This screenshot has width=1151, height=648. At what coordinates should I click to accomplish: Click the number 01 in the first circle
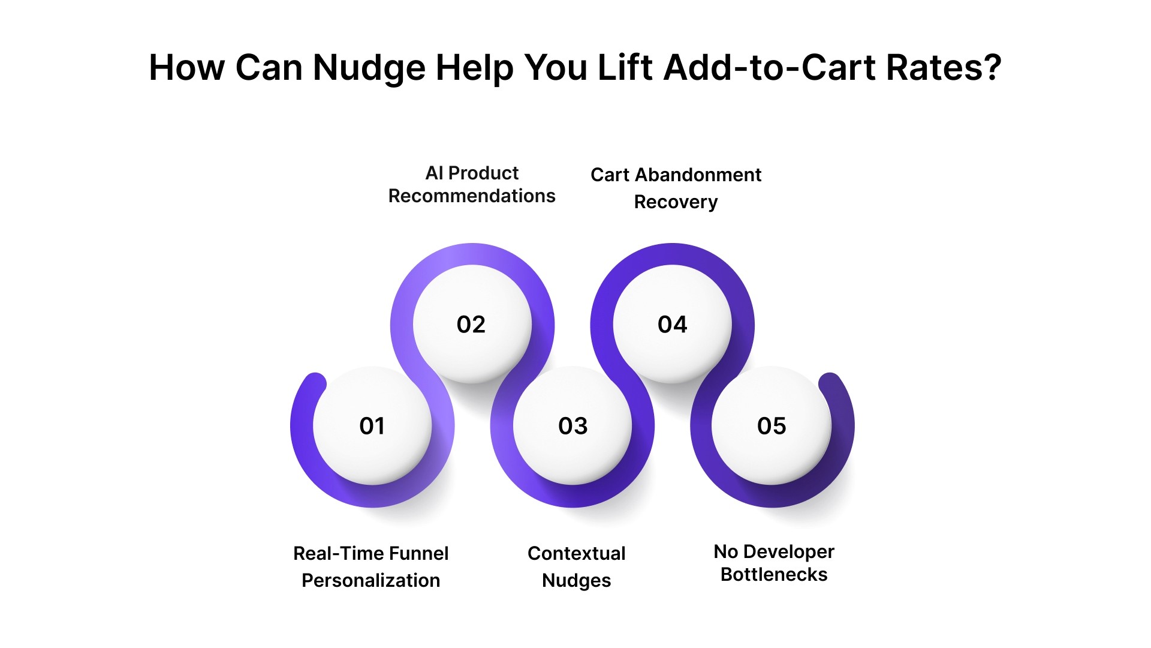point(372,426)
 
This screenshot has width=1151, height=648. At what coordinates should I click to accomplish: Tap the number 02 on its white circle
point(471,325)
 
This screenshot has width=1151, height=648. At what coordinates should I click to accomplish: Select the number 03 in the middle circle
point(573,426)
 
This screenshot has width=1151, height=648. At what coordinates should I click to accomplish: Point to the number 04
point(672,325)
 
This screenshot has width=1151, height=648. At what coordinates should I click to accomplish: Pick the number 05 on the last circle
point(772,426)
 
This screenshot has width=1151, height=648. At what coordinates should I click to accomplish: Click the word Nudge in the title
point(368,68)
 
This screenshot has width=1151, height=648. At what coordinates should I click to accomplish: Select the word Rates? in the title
point(944,68)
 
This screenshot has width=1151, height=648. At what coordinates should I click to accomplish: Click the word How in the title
point(186,68)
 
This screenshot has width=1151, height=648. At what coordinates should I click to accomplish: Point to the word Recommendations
point(472,196)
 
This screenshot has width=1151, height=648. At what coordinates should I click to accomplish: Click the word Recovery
point(676,203)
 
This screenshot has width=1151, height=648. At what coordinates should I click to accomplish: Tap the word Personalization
point(370,581)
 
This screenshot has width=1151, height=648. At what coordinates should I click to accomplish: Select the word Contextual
point(576,553)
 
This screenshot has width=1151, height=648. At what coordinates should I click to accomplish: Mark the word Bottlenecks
point(773,575)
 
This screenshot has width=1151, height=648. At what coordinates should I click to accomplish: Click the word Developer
point(788,552)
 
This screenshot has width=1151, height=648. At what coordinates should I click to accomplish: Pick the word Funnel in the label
point(418,553)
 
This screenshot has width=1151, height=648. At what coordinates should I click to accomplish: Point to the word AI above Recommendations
point(434,173)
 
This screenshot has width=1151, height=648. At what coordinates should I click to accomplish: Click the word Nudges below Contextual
point(576,581)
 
